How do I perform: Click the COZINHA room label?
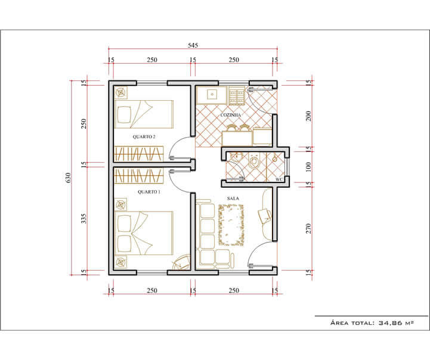(231, 115)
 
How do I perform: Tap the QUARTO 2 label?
(144, 136)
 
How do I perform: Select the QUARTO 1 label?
(149, 192)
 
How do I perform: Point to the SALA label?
(233, 198)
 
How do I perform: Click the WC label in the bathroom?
(279, 180)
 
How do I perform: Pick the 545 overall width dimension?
(193, 45)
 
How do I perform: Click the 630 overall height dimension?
(68, 178)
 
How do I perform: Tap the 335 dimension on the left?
(83, 219)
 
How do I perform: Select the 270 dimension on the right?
(308, 228)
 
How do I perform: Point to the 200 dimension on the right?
(308, 116)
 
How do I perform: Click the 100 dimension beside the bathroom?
(308, 167)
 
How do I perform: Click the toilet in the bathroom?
(254, 160)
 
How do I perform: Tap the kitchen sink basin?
(212, 95)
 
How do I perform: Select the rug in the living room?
(231, 225)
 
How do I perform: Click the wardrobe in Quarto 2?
(139, 153)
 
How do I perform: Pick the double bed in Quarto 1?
(144, 233)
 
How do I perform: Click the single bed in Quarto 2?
(144, 114)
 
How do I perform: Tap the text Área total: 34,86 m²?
(372, 322)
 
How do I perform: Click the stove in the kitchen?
(236, 96)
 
